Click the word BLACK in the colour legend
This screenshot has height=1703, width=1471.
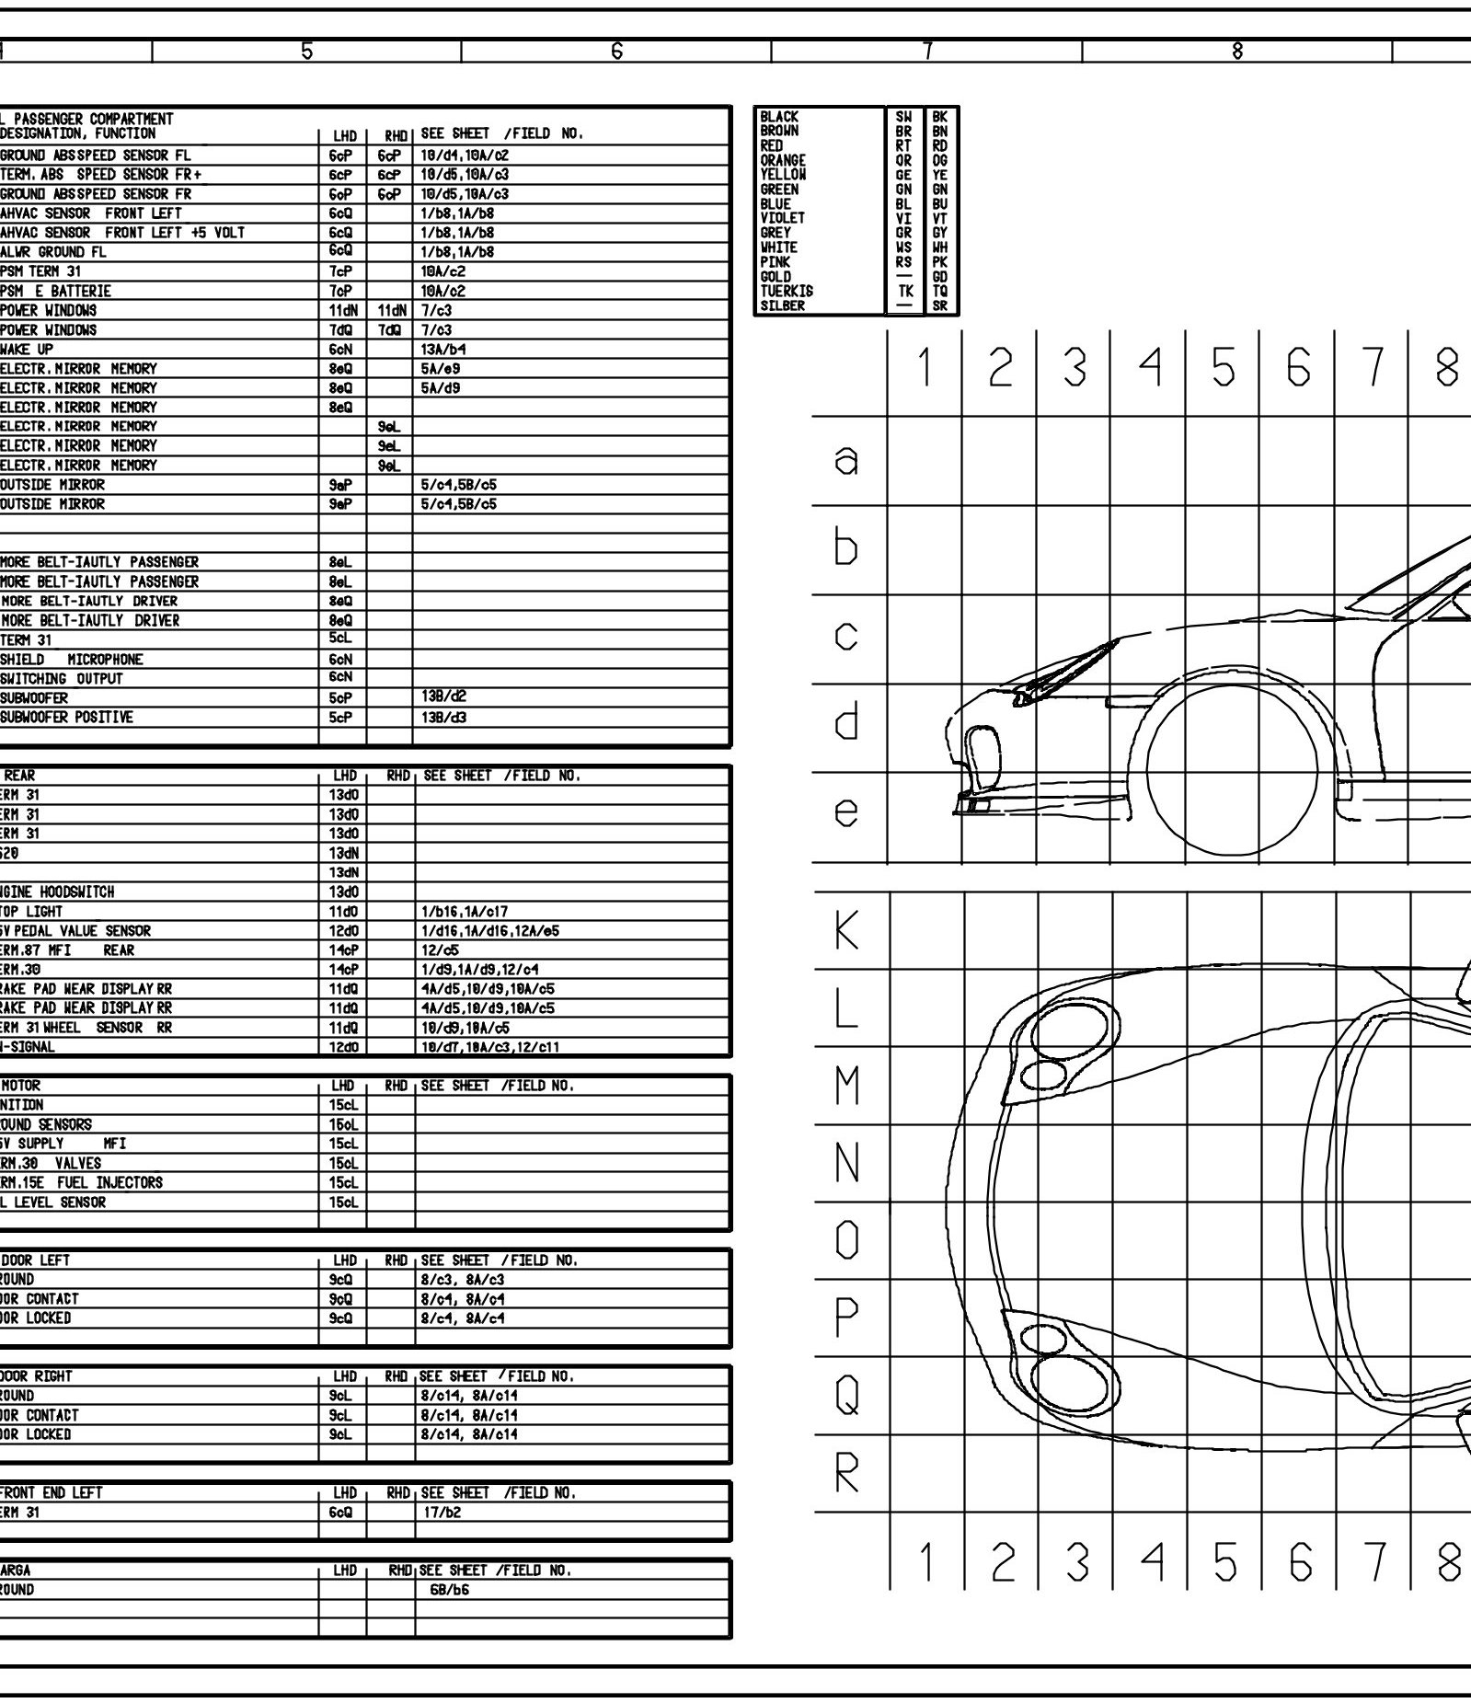[x=779, y=117]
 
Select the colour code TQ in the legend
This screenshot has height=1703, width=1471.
[x=939, y=291]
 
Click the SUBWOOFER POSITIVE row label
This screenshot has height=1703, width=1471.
[x=66, y=717]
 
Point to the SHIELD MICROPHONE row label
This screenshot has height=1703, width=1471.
[x=72, y=660]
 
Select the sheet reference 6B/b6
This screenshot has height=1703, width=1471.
[x=449, y=1590]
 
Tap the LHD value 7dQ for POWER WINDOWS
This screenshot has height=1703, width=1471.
[x=341, y=329]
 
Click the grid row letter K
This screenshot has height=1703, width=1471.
[x=846, y=931]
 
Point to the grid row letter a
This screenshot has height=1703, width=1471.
[x=846, y=460]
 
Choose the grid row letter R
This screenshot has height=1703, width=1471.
[x=846, y=1475]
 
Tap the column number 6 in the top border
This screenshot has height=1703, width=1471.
[x=616, y=52]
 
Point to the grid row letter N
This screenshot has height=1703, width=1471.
[x=846, y=1164]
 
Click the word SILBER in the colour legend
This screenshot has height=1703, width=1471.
[x=782, y=305]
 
